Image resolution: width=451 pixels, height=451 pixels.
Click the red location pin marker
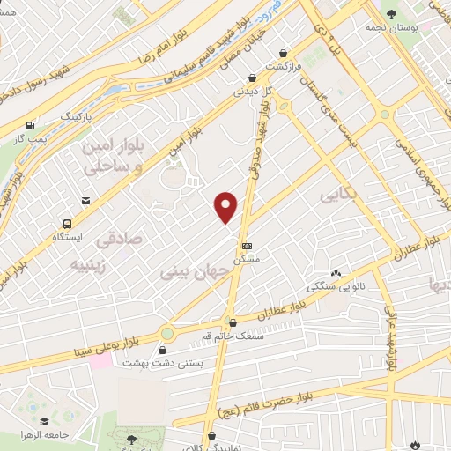[226, 206]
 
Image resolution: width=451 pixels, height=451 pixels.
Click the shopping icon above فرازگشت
[283, 52]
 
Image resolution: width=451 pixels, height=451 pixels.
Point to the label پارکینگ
[75, 116]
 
